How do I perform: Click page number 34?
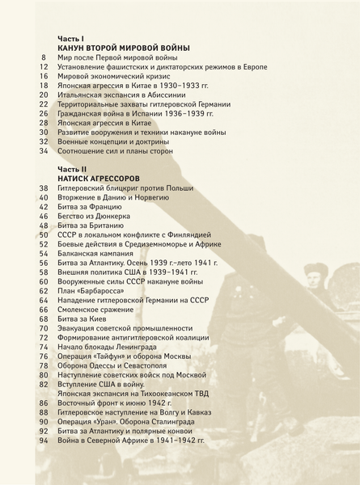pyautogui.click(x=44, y=150)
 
